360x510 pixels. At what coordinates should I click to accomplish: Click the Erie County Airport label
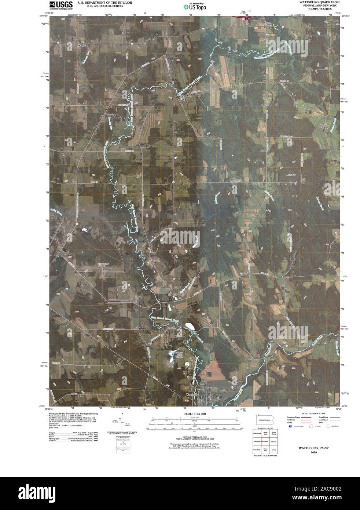[104, 265]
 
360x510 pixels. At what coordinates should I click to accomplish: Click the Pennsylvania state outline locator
[265, 420]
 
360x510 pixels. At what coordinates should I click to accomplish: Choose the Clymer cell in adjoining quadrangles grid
[274, 442]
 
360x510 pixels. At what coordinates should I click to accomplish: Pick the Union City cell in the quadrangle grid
[265, 450]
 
